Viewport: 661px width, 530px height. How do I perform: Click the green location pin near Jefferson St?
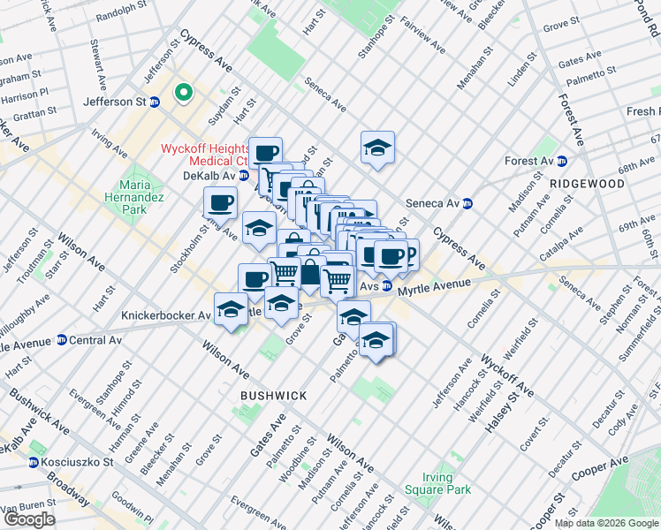185,92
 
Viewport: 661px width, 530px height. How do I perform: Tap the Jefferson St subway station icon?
154,102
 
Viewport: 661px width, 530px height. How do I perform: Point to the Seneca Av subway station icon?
467,202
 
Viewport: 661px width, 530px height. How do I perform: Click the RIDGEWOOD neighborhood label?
586,184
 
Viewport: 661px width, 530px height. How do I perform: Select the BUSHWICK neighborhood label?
270,397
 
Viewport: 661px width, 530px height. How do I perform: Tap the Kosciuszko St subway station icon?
34,462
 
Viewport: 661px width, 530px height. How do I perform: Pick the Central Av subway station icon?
61,339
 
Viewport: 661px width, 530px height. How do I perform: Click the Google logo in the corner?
28,519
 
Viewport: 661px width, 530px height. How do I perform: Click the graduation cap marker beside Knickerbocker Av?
231,308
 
